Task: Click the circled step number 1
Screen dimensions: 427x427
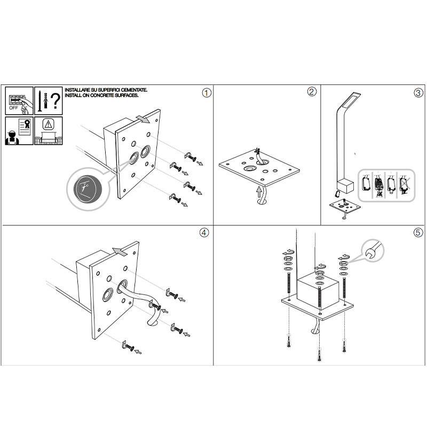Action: tap(207, 93)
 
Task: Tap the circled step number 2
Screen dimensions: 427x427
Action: tap(312, 91)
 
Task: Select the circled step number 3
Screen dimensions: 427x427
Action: tap(418, 93)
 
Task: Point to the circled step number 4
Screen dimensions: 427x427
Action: tap(204, 233)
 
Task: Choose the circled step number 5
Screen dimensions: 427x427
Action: tap(418, 233)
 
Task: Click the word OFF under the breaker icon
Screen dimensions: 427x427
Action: tap(13, 108)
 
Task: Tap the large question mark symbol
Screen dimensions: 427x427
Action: tap(56, 101)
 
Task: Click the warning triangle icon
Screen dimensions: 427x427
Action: tap(48, 124)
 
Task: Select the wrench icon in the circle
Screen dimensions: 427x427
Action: tap(373, 250)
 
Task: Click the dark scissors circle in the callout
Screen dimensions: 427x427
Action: tap(87, 189)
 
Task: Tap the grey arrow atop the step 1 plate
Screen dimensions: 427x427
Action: tap(143, 119)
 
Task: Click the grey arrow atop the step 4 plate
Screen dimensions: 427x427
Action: tap(120, 252)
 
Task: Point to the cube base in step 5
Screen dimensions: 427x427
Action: tap(318, 289)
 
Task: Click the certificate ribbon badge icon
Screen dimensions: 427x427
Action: tap(27, 124)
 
